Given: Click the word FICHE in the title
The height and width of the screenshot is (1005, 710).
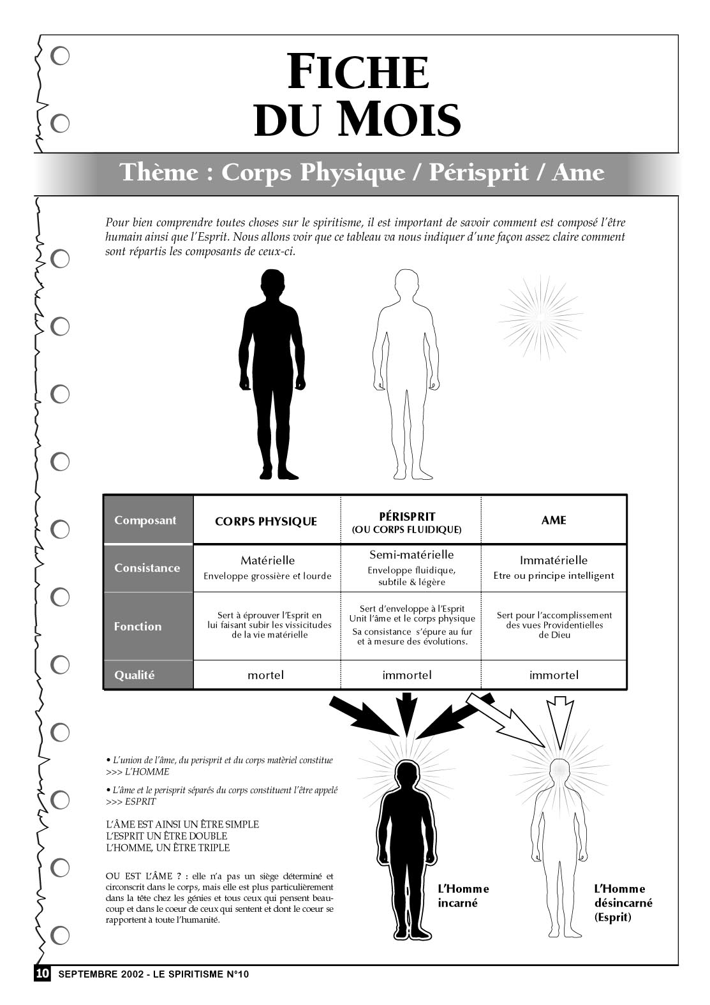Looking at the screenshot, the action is tap(358, 71).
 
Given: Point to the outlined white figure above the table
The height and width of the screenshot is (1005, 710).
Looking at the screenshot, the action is tap(406, 374).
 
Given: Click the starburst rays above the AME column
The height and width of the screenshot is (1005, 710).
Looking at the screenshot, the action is tap(541, 317).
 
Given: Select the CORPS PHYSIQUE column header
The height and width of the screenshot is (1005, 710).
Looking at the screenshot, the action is tap(266, 521).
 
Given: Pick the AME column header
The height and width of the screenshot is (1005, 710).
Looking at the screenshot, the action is tap(554, 520).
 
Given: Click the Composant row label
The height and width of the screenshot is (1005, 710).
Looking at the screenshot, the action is tap(145, 521).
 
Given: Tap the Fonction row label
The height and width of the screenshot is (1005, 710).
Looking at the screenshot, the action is tap(138, 627).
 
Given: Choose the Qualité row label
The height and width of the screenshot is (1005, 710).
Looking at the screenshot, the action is tap(134, 675).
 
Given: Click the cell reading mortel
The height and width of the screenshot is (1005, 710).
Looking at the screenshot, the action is tap(265, 675).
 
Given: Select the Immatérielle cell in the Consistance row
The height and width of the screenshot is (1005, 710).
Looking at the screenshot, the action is tap(554, 560).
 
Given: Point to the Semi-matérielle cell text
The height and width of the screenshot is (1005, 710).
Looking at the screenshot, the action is tap(411, 555).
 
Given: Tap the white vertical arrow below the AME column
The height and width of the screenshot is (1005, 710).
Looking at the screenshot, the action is tap(560, 722).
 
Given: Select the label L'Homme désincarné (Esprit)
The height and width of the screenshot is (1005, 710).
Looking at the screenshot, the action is tap(623, 903).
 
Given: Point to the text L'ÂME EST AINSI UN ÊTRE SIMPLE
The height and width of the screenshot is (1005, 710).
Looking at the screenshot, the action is tap(182, 824).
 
